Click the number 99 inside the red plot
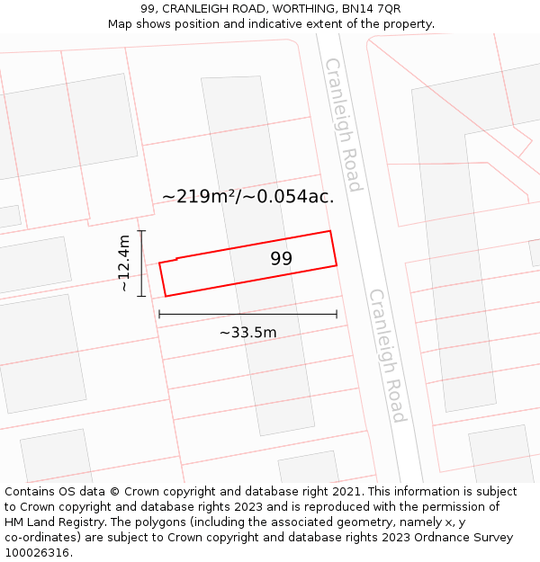pos(282,259)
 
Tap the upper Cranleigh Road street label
pos(343,124)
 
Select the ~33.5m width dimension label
pos(247,333)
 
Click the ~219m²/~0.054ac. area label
pos(247,196)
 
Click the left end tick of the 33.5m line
pos(159,314)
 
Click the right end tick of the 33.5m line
pos(337,314)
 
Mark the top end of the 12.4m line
pos(141,231)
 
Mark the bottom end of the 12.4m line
pos(141,296)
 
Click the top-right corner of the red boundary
pos(330,231)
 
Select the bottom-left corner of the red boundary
pos(166,296)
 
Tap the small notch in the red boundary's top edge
pos(176,260)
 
